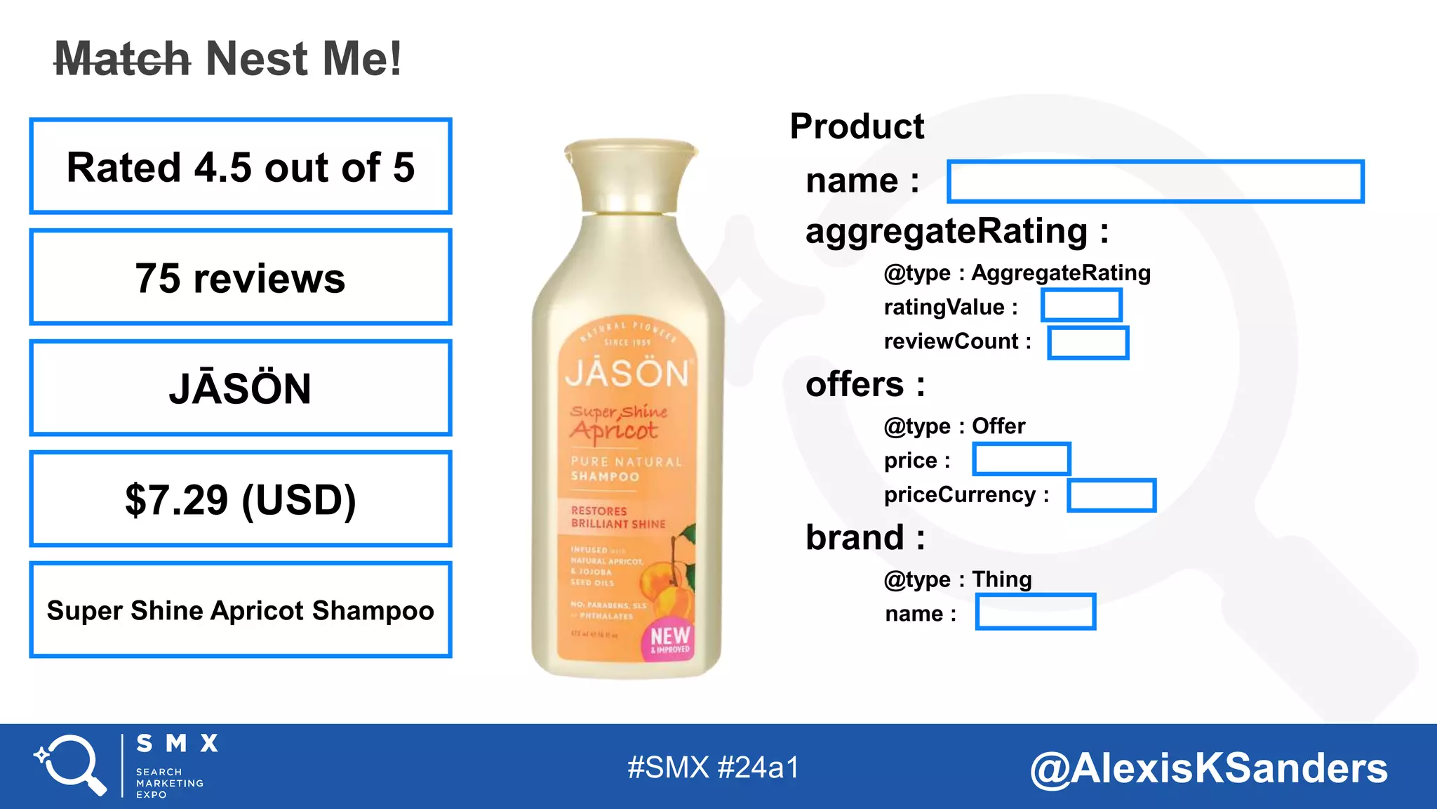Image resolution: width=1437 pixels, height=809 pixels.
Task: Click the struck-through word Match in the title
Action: coord(123,59)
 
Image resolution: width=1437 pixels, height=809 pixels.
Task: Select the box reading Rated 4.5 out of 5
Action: coord(241,166)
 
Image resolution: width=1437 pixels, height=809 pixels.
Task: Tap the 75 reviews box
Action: coord(241,277)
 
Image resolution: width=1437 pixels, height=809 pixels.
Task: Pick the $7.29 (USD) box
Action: coord(241,499)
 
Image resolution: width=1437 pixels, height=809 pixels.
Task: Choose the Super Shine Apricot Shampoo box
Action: coord(241,610)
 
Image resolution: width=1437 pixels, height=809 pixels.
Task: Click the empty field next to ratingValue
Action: coord(1081,305)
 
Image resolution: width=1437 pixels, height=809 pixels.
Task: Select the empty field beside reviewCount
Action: coord(1088,343)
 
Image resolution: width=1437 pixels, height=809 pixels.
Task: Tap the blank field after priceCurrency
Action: coord(1111,495)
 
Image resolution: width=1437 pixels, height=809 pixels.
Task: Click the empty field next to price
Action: coord(1022,459)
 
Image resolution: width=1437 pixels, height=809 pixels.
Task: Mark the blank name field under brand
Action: coord(1036,612)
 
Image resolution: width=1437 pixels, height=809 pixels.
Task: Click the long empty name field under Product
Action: coord(1155,181)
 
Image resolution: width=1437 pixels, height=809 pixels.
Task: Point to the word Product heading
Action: coord(857,126)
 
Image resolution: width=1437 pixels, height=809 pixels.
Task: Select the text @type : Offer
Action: coord(954,426)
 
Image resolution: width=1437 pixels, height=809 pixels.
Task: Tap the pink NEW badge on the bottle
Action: coord(669,639)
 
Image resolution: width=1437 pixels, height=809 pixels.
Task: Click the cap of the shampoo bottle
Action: coord(631,176)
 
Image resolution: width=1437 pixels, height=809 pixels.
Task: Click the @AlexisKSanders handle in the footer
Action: coord(1208,768)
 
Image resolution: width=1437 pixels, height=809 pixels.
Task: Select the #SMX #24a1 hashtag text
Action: coord(713,768)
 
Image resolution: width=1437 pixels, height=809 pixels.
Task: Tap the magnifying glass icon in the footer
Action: coord(70,765)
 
